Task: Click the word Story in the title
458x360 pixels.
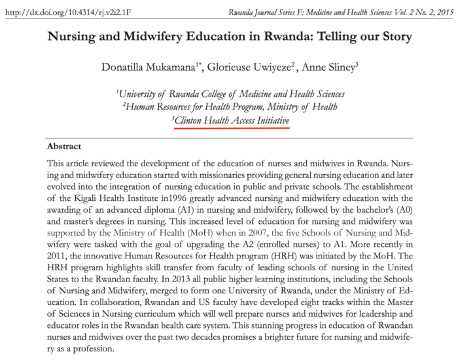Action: pyautogui.click(x=391, y=37)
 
